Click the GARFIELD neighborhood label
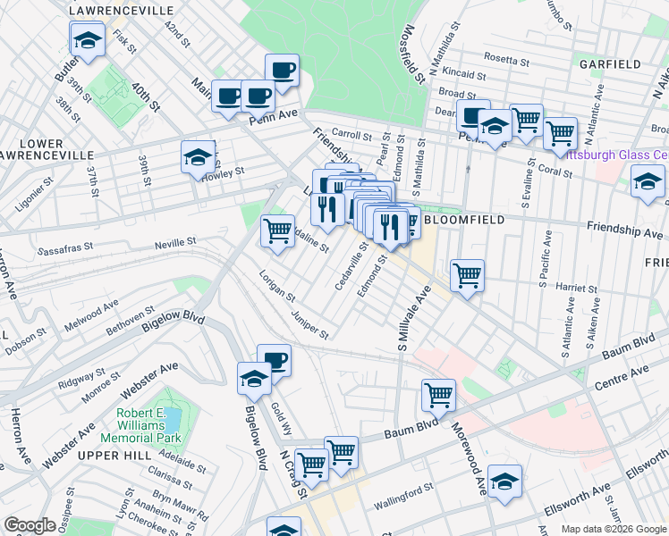(610, 64)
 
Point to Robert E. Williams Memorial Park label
(149, 426)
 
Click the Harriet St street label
(575, 289)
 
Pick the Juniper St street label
(309, 325)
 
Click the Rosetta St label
(505, 60)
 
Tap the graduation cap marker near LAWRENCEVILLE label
(88, 40)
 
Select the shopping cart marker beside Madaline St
(278, 231)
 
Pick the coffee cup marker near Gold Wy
(275, 361)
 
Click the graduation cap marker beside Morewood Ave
(504, 481)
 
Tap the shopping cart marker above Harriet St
(467, 275)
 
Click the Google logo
(30, 525)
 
